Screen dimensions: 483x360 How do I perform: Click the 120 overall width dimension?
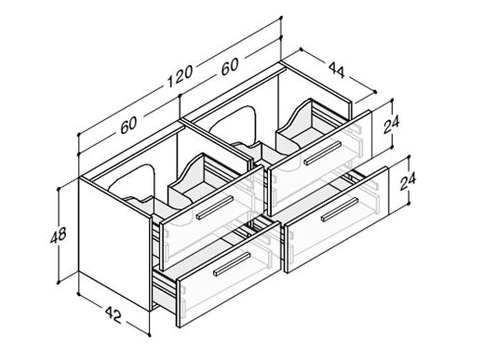click(181, 76)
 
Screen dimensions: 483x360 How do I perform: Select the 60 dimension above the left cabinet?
click(128, 124)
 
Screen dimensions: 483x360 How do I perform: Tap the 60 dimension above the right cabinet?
click(230, 66)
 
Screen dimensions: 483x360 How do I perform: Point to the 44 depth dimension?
click(336, 70)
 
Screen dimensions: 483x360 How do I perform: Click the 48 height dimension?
click(58, 234)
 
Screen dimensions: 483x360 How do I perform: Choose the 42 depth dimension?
click(114, 314)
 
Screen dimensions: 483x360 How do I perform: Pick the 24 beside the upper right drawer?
click(391, 124)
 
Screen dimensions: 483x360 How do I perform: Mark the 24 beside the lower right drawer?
click(408, 181)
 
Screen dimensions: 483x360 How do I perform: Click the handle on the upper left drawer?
click(215, 207)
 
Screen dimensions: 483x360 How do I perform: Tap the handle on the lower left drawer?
click(232, 264)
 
